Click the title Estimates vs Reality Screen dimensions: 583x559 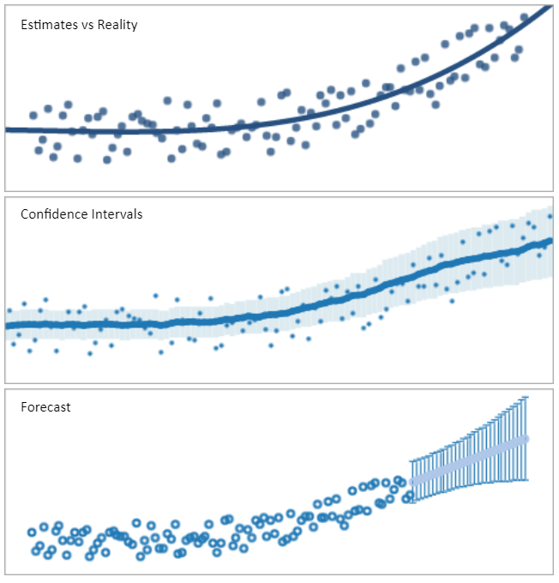79,25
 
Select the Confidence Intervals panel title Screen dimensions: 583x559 81,214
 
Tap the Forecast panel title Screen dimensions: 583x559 45,407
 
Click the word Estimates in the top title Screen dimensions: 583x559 46,25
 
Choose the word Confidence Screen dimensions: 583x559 54,214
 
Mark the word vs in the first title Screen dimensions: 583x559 84,25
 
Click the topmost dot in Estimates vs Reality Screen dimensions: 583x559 525,17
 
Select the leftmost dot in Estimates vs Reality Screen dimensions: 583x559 33,115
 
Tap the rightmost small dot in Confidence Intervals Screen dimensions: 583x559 550,216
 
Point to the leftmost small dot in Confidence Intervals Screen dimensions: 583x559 9,310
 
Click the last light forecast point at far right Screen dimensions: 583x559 525,439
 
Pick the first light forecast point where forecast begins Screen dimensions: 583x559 412,482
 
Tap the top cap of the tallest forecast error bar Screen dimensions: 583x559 525,397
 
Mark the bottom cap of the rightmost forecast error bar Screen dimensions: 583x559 525,480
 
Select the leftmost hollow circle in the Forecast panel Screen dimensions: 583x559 32,532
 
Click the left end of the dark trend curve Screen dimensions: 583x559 7,129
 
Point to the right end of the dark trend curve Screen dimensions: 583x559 549,7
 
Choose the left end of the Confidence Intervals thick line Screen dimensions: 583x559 7,326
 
